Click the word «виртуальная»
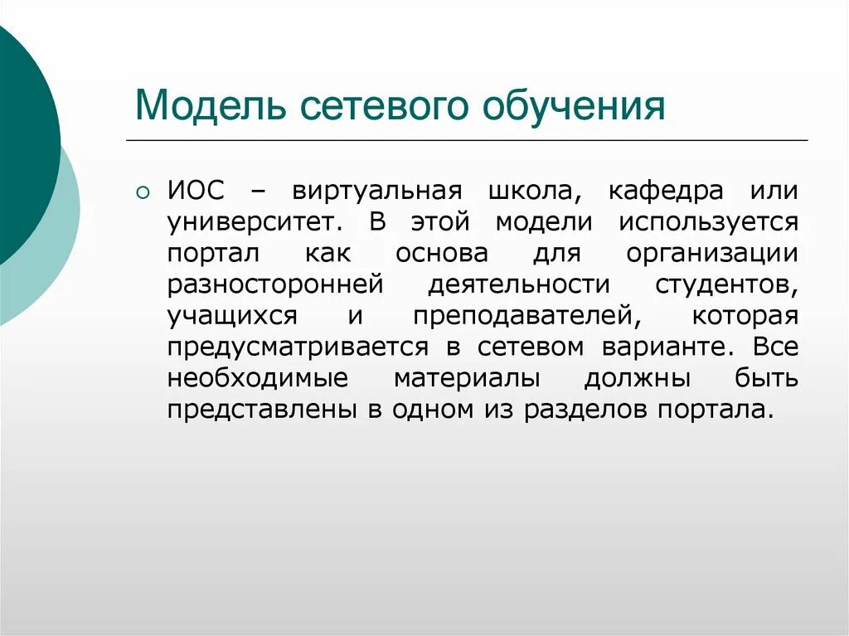pos(376,192)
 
